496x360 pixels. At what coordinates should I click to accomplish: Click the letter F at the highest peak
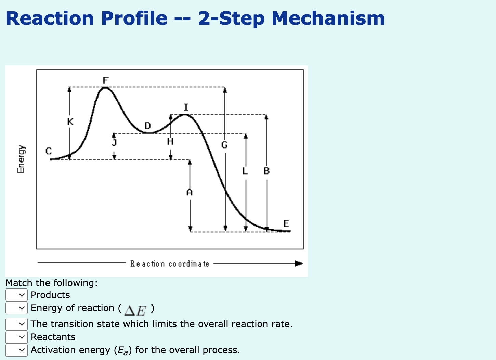coord(106,80)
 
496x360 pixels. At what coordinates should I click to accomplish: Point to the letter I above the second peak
coord(186,107)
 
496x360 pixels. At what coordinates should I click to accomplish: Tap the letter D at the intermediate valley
coord(147,126)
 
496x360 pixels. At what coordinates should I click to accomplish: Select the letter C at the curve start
coord(49,151)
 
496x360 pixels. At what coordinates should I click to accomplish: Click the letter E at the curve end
coord(286,224)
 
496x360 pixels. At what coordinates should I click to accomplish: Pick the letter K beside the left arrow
coord(70,122)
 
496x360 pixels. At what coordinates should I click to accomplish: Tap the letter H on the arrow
coord(170,141)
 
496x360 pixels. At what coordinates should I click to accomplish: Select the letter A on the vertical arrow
coord(190,193)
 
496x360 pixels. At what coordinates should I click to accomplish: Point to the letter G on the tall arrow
coord(224,145)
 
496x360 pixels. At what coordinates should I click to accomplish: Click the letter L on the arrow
coord(245,171)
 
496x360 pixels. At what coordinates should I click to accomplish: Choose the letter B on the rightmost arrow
coord(267,171)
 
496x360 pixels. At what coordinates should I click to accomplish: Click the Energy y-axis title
coord(21,159)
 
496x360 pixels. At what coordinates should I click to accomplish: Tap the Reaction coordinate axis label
coord(170,264)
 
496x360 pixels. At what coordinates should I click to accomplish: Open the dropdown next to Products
coord(16,295)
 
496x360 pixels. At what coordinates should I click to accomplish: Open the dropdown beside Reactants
coord(16,337)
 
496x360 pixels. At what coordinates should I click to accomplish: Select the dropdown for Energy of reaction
coord(16,308)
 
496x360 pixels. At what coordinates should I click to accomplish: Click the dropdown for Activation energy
coord(16,350)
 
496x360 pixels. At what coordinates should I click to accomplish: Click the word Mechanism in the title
coord(328,18)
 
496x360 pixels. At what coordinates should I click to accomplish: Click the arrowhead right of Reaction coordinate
coord(299,263)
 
